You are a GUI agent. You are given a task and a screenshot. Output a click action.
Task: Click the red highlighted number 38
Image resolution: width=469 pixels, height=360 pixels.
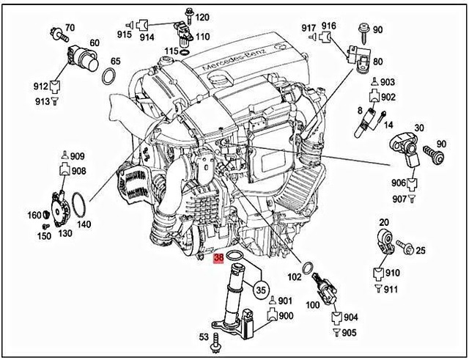[218, 259]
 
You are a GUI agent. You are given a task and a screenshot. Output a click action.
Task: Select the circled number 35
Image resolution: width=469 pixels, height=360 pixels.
[260, 289]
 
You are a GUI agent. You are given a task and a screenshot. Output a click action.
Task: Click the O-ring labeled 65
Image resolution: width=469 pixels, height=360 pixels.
[109, 76]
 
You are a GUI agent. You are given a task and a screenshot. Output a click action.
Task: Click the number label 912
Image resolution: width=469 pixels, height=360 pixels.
[40, 86]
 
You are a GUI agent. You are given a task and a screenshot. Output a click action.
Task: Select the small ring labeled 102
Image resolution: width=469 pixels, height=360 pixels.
[310, 264]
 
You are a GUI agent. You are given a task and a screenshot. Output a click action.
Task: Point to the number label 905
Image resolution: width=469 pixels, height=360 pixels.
[348, 332]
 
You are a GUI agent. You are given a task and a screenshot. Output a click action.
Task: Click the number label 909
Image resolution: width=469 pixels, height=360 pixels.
[78, 156]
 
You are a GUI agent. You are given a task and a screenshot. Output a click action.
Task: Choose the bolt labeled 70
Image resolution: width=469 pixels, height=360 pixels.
[56, 33]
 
